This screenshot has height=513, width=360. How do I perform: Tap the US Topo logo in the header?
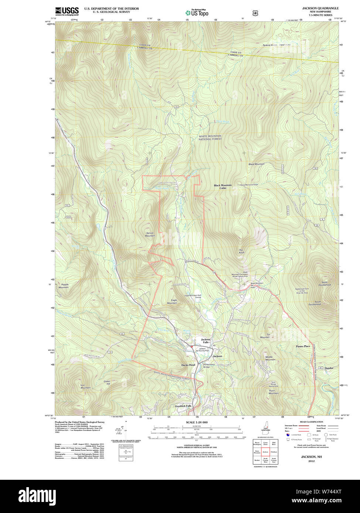point(197,13)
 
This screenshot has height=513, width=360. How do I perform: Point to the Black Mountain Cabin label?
point(223,187)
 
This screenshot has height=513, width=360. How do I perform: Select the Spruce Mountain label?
point(150,234)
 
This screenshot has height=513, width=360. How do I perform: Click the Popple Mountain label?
point(65,286)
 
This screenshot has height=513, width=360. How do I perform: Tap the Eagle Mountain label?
point(172,302)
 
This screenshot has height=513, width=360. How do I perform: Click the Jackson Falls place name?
point(205,341)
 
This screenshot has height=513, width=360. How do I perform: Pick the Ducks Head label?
point(188,365)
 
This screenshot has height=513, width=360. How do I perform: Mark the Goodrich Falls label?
point(183,406)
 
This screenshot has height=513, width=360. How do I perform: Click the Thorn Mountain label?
point(274,392)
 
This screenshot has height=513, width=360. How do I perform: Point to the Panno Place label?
point(303,346)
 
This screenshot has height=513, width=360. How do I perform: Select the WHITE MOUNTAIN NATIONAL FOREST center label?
point(210,138)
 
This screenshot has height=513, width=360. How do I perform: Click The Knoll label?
point(241,251)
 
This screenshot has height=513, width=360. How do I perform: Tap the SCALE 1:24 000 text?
point(196,422)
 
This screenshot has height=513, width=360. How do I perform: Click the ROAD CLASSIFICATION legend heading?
point(311,422)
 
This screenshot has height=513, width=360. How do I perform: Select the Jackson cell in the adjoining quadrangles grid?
point(265,452)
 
